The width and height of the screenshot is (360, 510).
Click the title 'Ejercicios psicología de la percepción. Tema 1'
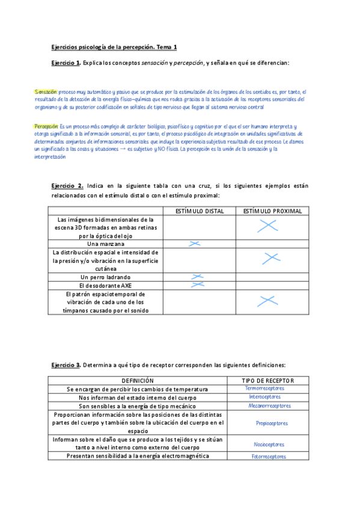point(114,47)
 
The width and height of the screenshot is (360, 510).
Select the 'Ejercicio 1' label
point(66,63)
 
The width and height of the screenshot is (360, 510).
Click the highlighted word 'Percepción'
point(46,127)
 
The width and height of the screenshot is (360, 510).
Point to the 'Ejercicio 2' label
point(67,186)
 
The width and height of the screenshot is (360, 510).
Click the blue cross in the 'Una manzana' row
point(194,244)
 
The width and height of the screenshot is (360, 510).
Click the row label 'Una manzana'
point(106,244)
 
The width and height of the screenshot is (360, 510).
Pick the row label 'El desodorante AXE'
point(105,285)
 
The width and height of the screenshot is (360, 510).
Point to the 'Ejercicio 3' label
point(66,365)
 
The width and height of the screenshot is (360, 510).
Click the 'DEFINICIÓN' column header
point(138,381)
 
